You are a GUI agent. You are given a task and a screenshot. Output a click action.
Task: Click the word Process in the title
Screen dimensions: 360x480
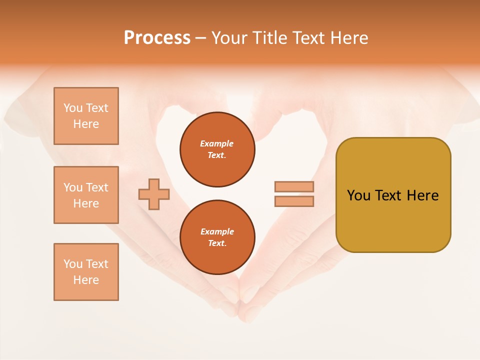coord(157,38)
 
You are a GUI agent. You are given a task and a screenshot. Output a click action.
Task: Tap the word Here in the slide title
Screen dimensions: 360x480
coord(349,38)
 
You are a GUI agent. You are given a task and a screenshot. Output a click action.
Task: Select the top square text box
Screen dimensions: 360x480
coord(86,116)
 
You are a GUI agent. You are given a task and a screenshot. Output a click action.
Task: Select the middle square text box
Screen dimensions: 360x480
coord(86,195)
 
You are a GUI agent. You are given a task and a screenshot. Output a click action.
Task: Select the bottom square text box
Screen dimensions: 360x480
coord(86,272)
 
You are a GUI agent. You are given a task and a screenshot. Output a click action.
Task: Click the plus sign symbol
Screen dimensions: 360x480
coord(154,194)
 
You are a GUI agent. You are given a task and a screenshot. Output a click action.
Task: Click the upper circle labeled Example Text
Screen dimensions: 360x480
coord(217,149)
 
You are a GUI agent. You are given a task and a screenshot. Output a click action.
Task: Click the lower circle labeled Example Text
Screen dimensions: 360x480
coord(217,237)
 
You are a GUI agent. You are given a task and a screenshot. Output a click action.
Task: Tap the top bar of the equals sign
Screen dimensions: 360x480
coord(294,186)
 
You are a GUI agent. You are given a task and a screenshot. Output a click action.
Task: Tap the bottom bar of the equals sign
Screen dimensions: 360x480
coord(294,201)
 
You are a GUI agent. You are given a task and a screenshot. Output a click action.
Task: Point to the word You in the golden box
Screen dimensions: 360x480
coord(358,195)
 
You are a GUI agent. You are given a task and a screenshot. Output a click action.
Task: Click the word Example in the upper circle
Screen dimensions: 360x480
coord(217,143)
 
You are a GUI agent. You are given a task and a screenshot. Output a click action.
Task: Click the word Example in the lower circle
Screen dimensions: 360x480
coord(217,231)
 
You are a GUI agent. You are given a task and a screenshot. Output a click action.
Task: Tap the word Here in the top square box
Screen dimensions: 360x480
coord(86,124)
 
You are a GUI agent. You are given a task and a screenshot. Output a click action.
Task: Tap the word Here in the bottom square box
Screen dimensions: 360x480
coord(86,280)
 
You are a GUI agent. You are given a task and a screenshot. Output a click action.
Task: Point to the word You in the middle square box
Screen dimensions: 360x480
coord(73,187)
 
